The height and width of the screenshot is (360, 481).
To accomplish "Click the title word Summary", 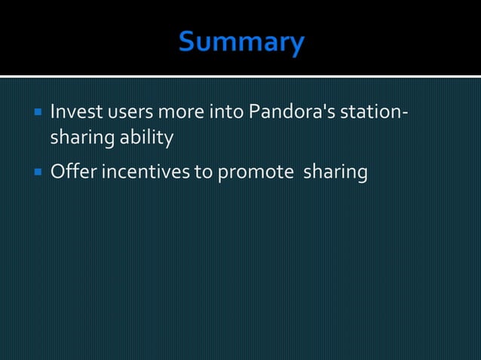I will [x=240, y=41].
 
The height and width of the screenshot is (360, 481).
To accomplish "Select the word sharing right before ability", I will [x=81, y=139].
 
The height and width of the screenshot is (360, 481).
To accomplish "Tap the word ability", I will [x=146, y=139].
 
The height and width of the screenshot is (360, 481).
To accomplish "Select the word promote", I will [x=255, y=172].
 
